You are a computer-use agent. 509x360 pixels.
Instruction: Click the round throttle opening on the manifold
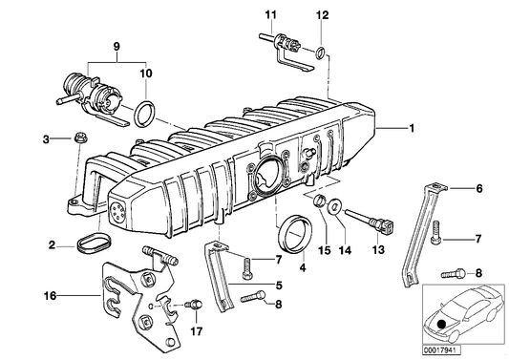(x=267, y=177)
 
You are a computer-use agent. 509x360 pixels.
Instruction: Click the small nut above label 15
(x=324, y=201)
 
